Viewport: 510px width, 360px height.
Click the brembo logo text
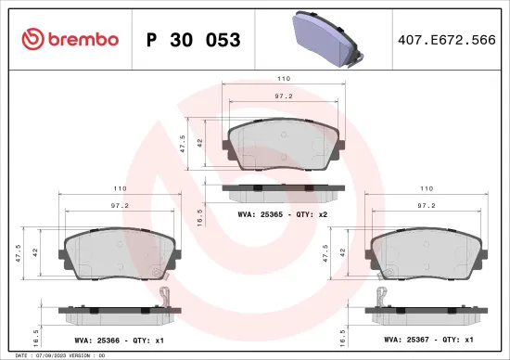tap(70, 39)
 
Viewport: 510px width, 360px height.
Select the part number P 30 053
tap(194, 40)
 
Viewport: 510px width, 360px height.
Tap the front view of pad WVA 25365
tap(285, 147)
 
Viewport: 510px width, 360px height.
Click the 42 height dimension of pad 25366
tap(35, 251)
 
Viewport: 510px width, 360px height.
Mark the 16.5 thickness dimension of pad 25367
tap(342, 329)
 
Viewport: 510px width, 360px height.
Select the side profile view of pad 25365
tap(285, 191)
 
